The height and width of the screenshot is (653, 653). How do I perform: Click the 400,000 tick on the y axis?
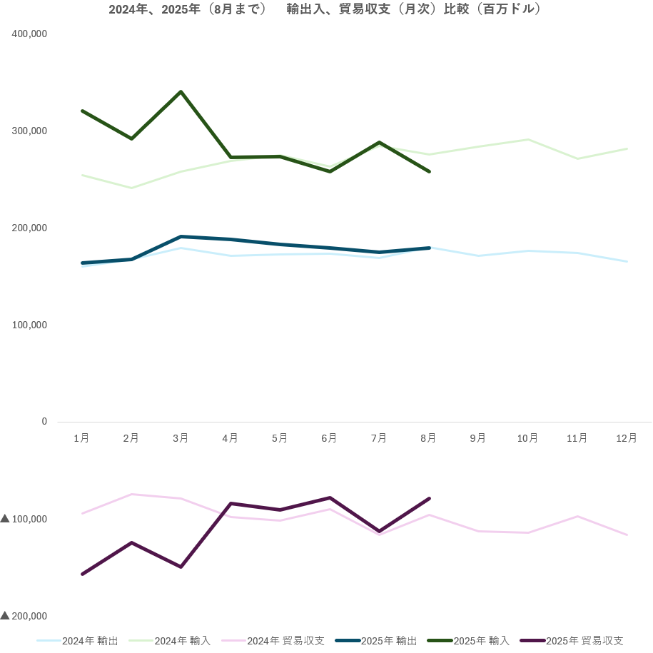[x=30, y=34]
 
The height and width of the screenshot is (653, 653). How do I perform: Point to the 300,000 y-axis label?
[x=30, y=131]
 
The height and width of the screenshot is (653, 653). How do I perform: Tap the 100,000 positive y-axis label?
[x=30, y=325]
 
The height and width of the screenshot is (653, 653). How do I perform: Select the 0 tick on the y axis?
[x=44, y=422]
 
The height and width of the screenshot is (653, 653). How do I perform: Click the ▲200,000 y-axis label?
[x=24, y=616]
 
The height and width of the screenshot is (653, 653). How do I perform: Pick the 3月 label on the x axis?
[x=181, y=438]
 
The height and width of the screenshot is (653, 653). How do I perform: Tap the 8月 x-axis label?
[x=428, y=438]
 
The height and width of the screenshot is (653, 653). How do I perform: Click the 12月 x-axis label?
[x=627, y=438]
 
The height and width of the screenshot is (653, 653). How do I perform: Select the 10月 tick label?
[x=527, y=438]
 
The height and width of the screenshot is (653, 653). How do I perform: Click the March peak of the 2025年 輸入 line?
[x=181, y=92]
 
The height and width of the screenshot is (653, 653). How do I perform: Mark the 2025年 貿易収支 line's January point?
[x=82, y=574]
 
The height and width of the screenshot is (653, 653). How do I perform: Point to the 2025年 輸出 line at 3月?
[x=181, y=236]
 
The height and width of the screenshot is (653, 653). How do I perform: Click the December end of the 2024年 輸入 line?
[x=627, y=148]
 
